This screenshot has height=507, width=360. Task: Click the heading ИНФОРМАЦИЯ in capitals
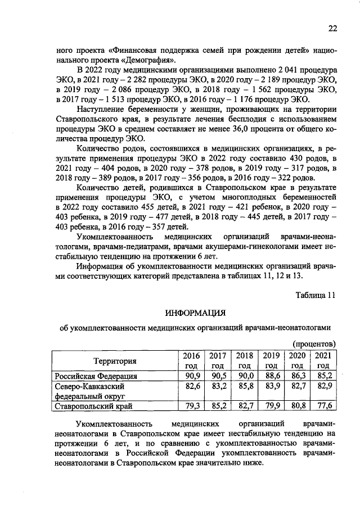pos(195,312)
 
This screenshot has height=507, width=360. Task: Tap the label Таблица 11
pos(317,295)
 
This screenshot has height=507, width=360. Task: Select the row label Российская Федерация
pos(96,376)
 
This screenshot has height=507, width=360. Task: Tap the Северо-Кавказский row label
pos(89,386)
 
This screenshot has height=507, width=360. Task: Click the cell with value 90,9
pos(192,376)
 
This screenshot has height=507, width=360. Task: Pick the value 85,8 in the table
pos(244,386)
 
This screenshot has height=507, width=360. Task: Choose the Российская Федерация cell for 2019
pos(271,376)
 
